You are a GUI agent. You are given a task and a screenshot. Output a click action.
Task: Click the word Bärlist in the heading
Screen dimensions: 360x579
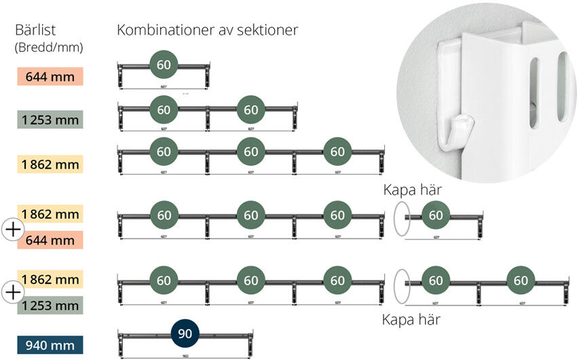pyautogui.click(x=35, y=31)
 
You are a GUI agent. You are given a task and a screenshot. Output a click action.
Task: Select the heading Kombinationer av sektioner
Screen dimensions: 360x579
pyautogui.click(x=207, y=31)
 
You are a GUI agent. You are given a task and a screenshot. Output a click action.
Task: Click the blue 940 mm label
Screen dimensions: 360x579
pyautogui.click(x=49, y=345)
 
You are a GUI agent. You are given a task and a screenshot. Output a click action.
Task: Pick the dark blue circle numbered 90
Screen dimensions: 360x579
pyautogui.click(x=185, y=334)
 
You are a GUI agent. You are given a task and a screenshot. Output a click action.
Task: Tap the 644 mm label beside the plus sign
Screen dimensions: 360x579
pyautogui.click(x=50, y=240)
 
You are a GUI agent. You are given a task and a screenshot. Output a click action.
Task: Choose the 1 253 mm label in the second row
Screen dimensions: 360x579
pyautogui.click(x=50, y=120)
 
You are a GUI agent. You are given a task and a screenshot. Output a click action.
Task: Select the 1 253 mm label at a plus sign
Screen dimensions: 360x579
pyautogui.click(x=50, y=306)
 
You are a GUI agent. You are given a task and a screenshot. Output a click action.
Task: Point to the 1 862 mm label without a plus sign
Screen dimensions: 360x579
pyautogui.click(x=50, y=164)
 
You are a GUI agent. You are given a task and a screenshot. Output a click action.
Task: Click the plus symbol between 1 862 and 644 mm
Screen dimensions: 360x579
pyautogui.click(x=13, y=229)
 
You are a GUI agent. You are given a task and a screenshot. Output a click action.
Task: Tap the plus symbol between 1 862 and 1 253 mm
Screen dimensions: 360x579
pyautogui.click(x=13, y=293)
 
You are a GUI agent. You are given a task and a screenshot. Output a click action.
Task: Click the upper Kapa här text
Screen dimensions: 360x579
pyautogui.click(x=413, y=190)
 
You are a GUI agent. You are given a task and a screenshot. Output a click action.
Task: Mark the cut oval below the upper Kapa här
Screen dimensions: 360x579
pyautogui.click(x=402, y=217)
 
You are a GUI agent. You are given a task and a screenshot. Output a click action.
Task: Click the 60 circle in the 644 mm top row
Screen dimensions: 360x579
pyautogui.click(x=164, y=65)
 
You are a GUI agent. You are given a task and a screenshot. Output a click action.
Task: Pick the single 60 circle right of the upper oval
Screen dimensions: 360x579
pyautogui.click(x=435, y=216)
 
